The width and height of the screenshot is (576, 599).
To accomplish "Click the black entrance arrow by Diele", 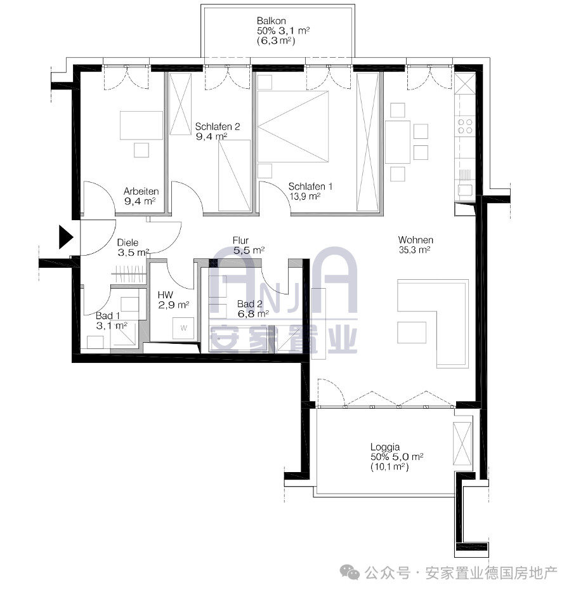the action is (x=65, y=237).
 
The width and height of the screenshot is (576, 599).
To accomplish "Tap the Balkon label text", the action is (x=272, y=21).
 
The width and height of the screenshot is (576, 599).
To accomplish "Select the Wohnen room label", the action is (x=416, y=240).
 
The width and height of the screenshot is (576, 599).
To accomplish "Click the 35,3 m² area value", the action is (x=414, y=250).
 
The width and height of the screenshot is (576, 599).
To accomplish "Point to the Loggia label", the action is (x=385, y=447).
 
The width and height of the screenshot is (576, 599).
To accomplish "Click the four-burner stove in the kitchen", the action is (x=465, y=126).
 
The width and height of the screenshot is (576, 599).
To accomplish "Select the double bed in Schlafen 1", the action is (x=293, y=126).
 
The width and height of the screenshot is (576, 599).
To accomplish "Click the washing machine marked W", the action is (x=183, y=328).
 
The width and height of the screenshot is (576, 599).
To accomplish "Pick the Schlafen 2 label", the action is (x=218, y=126).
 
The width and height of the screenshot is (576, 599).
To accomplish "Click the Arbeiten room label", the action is (x=141, y=191).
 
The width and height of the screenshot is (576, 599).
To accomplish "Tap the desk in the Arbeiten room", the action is (x=141, y=125).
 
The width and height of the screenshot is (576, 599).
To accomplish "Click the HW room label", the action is (x=166, y=294).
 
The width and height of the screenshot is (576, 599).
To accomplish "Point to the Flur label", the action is (x=240, y=240).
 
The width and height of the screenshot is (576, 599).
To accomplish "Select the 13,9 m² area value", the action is (x=304, y=196).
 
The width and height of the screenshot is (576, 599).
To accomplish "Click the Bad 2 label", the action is (x=250, y=304).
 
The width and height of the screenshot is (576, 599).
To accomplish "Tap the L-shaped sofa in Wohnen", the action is (x=433, y=324).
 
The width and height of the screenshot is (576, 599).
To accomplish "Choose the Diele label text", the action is (x=128, y=242).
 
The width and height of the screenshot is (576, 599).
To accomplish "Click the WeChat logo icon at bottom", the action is (x=350, y=572).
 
